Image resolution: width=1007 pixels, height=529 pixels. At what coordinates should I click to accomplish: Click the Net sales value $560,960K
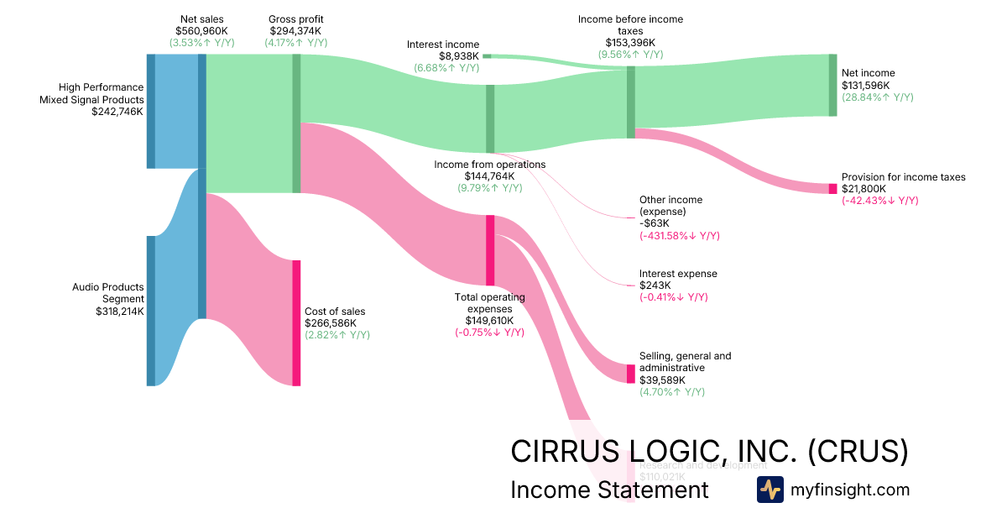click(201, 31)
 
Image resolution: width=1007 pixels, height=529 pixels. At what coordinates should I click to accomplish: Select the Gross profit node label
click(295, 19)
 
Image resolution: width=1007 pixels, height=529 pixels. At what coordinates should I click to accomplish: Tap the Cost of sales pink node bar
click(296, 322)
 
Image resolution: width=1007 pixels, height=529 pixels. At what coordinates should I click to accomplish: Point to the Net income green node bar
click(832, 85)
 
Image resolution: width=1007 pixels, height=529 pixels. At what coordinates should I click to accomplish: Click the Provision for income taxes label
click(903, 177)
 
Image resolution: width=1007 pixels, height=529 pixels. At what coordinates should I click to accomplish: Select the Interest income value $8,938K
click(459, 56)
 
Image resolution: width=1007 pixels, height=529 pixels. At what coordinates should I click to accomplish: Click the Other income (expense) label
click(670, 206)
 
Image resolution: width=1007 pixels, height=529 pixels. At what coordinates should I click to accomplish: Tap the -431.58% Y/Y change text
click(679, 236)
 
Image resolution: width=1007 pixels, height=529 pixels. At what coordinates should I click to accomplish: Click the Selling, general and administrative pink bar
click(631, 374)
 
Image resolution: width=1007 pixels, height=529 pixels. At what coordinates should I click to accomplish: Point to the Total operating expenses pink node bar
click(490, 250)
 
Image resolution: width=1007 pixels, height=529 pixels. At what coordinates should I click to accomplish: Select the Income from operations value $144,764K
click(489, 176)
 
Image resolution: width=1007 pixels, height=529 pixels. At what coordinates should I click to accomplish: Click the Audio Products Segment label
click(108, 293)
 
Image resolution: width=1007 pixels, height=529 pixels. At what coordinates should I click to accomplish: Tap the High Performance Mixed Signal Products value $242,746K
click(117, 111)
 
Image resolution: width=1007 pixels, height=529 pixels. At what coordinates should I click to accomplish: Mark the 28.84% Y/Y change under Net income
click(877, 97)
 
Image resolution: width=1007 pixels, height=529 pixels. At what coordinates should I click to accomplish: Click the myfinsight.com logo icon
click(770, 490)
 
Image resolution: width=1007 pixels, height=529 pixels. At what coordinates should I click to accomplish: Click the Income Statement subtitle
click(609, 490)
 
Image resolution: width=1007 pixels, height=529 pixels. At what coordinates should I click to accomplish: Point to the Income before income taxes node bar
click(630, 102)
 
